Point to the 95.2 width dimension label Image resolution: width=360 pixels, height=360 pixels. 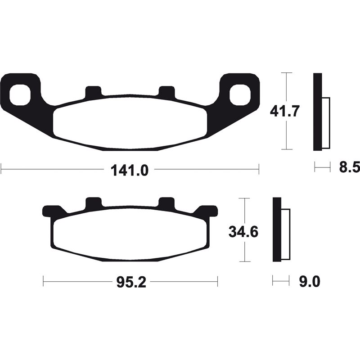point(130,283)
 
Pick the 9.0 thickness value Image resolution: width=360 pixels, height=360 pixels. point(310,283)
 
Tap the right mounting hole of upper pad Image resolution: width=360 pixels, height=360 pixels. point(240,94)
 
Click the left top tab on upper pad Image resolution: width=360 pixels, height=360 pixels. point(93,91)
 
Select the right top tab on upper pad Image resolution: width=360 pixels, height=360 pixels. point(167,91)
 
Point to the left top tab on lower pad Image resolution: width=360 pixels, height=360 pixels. point(93,203)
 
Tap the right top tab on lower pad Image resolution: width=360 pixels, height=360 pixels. point(167,203)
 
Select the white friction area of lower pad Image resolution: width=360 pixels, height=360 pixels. point(130,234)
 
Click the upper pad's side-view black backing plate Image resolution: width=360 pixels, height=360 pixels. point(318,112)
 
